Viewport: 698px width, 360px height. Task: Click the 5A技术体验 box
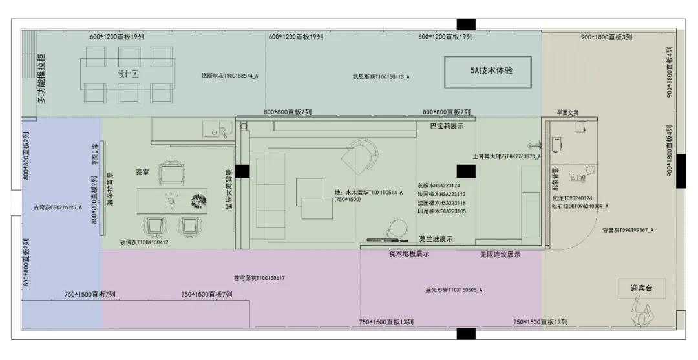487,72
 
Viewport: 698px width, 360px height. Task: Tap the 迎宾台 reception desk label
641,288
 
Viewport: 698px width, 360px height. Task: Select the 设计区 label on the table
128,74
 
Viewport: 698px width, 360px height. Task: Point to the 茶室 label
142,173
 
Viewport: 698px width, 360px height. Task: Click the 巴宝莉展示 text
447,126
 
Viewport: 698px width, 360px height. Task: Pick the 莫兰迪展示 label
436,239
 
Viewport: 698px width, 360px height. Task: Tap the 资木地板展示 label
408,254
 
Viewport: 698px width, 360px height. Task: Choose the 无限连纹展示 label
500,255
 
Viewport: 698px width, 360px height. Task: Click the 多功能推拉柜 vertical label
42,79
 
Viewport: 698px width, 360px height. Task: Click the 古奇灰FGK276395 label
58,208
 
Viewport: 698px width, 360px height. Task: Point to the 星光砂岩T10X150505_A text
453,290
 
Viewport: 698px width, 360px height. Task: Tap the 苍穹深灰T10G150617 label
259,278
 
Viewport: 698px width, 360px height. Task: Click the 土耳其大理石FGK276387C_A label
507,156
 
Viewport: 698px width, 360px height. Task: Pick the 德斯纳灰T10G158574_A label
229,76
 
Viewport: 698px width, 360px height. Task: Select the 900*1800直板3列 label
606,37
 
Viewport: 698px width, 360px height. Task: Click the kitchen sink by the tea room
213,130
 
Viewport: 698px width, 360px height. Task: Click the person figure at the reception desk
640,317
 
